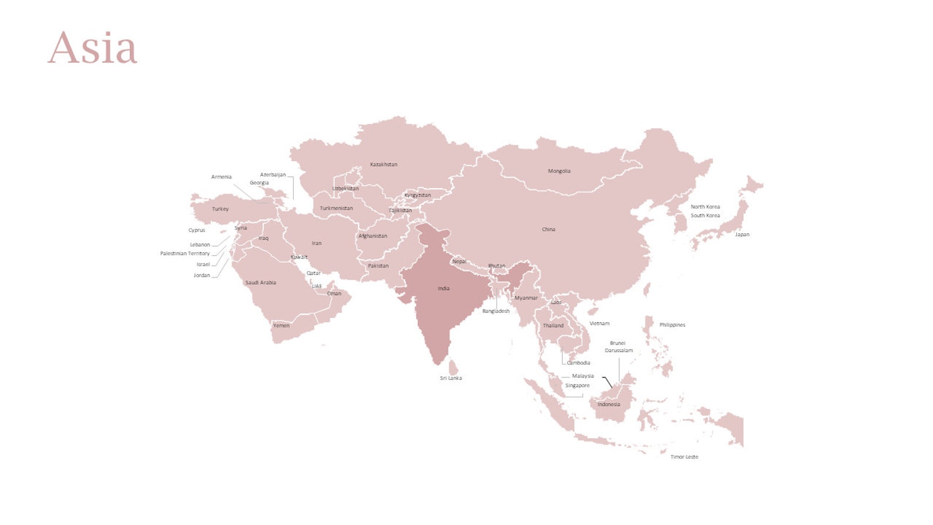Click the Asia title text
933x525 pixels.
[92, 48]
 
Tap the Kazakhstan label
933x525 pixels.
[384, 165]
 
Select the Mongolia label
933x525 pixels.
[559, 171]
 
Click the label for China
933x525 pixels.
[548, 229]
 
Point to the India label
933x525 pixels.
[444, 289]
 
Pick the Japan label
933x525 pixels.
[742, 235]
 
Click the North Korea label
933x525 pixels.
[705, 207]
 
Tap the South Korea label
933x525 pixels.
[705, 216]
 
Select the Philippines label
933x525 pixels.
[672, 325]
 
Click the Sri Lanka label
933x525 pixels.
[451, 378]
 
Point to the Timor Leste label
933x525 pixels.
[684, 457]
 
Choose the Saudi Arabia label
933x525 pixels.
[260, 283]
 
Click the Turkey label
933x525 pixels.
[220, 209]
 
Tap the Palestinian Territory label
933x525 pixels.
[185, 253]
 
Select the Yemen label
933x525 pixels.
[281, 325]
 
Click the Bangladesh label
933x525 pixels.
[496, 311]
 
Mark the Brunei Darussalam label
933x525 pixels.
[619, 347]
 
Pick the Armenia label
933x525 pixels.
[221, 177]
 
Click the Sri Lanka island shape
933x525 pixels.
[453, 368]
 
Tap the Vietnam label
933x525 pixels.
[599, 323]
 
